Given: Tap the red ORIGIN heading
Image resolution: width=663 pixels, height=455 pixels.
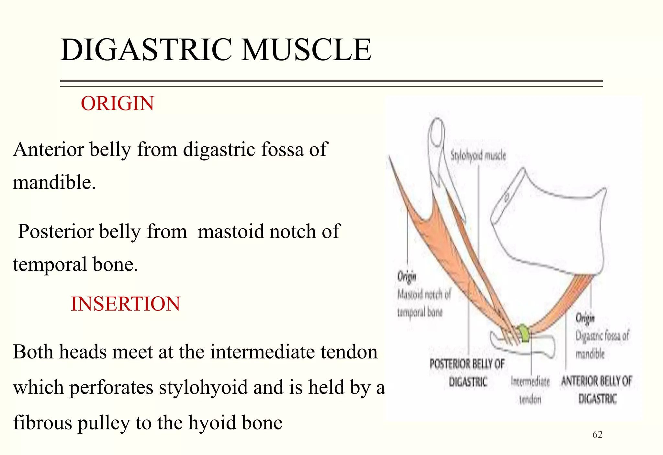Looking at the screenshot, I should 117,104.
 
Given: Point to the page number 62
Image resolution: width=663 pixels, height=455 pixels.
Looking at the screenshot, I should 597,435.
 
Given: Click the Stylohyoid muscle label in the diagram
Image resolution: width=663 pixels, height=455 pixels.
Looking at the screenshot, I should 478,156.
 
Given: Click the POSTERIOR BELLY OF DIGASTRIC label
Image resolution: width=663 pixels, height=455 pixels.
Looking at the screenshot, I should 467,373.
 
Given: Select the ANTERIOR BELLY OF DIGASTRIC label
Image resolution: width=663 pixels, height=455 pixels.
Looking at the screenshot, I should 597,390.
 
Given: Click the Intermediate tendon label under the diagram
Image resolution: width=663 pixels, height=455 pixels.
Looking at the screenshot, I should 530,390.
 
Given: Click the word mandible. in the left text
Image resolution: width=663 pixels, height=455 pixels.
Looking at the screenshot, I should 54,182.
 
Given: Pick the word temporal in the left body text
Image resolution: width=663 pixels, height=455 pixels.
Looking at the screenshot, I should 50,264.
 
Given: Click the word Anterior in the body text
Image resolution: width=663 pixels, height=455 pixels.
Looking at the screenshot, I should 49,150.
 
